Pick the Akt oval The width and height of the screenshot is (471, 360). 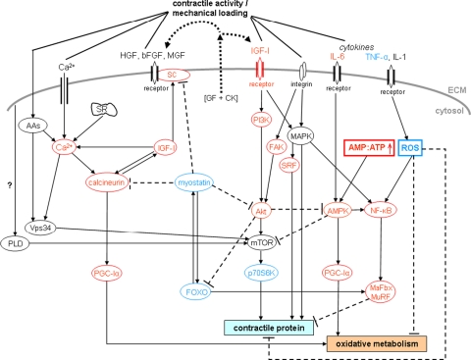(x=260, y=182)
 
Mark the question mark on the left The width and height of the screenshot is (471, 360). (x=9, y=196)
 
